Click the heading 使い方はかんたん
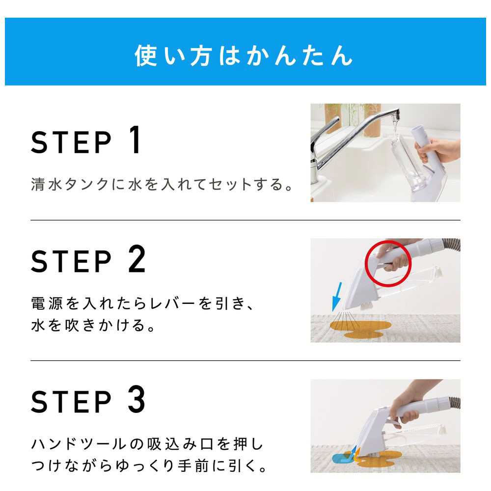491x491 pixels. coord(244,55)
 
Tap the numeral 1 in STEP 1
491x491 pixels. coord(135,139)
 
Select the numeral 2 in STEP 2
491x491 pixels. coord(137,259)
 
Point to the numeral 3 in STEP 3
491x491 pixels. coord(137,399)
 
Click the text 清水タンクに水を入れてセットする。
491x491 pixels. coord(162,184)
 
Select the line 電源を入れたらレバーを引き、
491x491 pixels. coord(142,303)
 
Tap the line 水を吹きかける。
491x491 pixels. coord(93,325)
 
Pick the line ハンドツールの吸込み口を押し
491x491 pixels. coord(147,444)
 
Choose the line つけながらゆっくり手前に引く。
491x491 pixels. coord(149,466)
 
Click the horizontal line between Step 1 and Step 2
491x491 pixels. coord(245,220)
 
